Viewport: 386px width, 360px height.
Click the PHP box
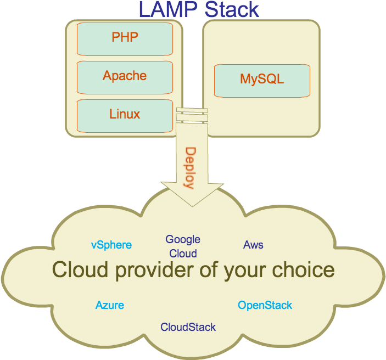(x=125, y=38)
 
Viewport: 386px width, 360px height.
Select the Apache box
(x=125, y=76)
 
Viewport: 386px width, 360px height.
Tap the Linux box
(x=125, y=115)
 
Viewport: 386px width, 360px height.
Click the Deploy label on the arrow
(x=190, y=168)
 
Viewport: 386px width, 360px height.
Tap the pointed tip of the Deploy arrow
(x=192, y=204)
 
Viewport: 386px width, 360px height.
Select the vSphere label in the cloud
(x=111, y=245)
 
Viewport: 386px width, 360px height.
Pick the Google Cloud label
(x=183, y=246)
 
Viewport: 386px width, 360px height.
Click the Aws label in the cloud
(x=253, y=245)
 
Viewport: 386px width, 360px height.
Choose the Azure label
(x=110, y=305)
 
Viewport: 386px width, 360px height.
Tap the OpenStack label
(x=265, y=305)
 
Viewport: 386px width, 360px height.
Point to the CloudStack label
(x=188, y=328)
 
